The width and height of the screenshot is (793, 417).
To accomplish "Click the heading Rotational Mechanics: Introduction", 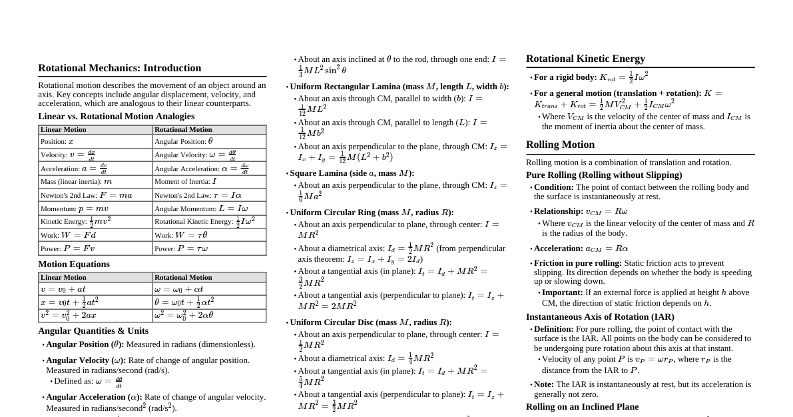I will tap(119, 68).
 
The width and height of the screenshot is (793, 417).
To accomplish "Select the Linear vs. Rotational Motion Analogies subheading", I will tap(116, 116).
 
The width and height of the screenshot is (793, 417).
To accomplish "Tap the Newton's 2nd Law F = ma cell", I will tap(95, 195).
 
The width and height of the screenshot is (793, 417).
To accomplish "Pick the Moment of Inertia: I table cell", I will tap(209, 181).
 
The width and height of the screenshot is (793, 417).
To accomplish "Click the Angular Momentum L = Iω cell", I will tap(209, 209).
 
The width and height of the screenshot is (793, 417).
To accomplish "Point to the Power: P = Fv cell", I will tap(95, 248).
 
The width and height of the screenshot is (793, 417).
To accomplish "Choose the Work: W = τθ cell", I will tap(209, 235).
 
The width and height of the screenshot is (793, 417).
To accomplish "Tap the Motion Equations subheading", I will tap(74, 264).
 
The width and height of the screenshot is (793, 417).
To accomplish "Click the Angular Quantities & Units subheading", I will tap(93, 330).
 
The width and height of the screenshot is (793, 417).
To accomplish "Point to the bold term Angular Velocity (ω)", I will tap(85, 360).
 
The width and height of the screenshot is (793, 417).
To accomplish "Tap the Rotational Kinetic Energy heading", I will tap(585, 59).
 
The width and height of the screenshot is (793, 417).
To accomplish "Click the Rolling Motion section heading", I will tap(560, 145).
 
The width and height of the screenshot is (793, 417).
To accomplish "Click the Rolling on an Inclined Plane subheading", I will tap(582, 407).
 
